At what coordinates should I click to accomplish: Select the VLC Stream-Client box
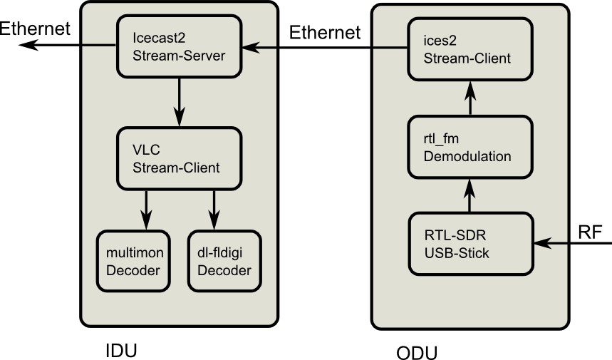point(178,158)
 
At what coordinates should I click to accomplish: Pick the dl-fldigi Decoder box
point(224,260)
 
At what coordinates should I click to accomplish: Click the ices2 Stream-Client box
point(470,48)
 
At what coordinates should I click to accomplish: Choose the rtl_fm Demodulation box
point(470,147)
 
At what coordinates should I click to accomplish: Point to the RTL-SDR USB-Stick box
point(470,243)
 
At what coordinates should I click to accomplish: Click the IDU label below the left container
point(120,351)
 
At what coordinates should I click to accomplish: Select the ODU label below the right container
point(417,352)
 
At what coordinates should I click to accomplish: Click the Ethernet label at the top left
point(35,29)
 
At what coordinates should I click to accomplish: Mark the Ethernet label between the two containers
point(325,32)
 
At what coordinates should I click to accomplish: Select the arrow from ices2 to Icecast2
point(327,48)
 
